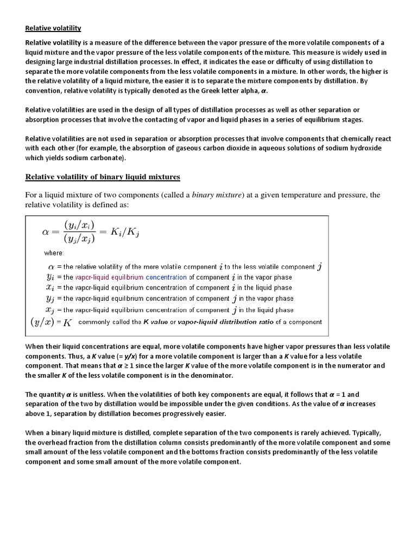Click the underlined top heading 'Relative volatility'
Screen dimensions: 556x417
coord(53,28)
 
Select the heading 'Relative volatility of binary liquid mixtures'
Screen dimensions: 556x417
coord(103,177)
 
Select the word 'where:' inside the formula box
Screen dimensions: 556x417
coord(54,253)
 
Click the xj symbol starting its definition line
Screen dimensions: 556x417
coord(52,309)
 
